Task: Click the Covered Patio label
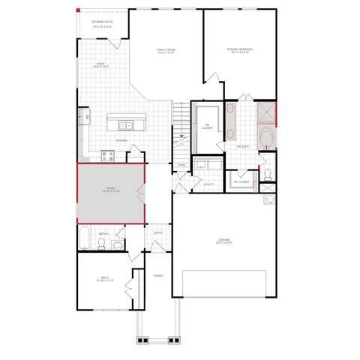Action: [102, 24]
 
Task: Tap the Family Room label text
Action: [166, 52]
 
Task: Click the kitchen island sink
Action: [124, 125]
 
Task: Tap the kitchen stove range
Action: [108, 156]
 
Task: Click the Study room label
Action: [111, 190]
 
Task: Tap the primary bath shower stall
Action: [265, 113]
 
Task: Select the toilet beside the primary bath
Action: [268, 176]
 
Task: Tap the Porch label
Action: [158, 275]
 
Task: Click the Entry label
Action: [158, 232]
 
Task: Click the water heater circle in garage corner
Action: [269, 199]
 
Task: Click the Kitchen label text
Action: [121, 140]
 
